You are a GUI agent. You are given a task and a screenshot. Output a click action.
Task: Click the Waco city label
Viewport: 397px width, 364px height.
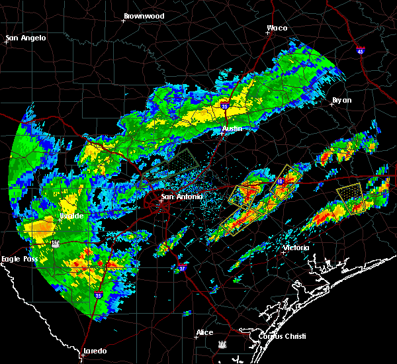(x=277, y=28)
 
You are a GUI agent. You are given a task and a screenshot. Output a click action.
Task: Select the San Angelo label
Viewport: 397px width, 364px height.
(x=26, y=38)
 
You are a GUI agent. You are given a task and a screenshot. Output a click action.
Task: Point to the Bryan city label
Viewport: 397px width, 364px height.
(x=341, y=101)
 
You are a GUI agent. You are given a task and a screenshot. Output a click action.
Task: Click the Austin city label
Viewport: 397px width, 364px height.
(x=232, y=128)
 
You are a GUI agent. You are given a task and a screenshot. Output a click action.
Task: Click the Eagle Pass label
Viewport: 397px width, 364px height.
(x=19, y=259)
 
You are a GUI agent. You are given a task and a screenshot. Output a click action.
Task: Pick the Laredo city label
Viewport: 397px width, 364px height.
(x=95, y=351)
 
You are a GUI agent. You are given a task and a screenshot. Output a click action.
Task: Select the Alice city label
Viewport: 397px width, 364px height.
(x=204, y=332)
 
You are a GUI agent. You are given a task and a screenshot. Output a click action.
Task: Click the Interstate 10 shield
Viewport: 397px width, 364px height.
(x=280, y=181)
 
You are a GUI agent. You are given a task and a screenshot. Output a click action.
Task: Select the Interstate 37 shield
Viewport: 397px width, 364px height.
(x=182, y=269)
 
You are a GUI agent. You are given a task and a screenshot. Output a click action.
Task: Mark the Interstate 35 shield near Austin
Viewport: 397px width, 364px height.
(x=225, y=104)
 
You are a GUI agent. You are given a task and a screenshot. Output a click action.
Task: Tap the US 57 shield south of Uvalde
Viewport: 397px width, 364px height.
(x=56, y=243)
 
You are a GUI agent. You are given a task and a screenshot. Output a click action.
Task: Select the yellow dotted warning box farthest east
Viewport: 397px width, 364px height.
(x=351, y=197)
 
